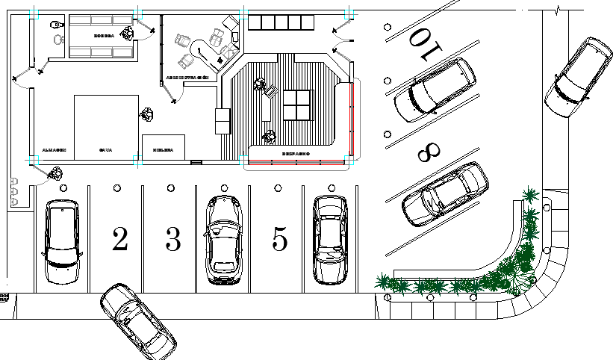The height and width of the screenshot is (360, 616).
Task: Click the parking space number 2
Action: tap(119, 240)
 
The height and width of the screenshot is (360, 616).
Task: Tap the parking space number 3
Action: tap(173, 240)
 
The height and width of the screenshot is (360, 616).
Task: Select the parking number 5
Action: tap(280, 240)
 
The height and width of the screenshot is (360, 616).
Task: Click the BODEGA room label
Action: tap(103, 35)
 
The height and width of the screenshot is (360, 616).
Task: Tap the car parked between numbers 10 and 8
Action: tap(435, 90)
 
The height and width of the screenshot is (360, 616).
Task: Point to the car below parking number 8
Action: tap(445, 194)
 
